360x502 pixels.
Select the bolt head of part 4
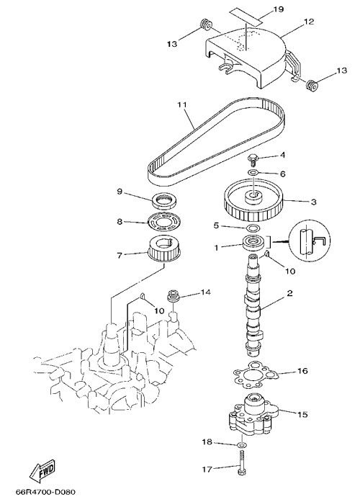click(253, 157)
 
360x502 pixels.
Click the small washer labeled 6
click(253, 173)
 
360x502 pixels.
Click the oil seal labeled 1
click(253, 243)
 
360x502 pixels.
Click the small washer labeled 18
click(241, 444)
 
